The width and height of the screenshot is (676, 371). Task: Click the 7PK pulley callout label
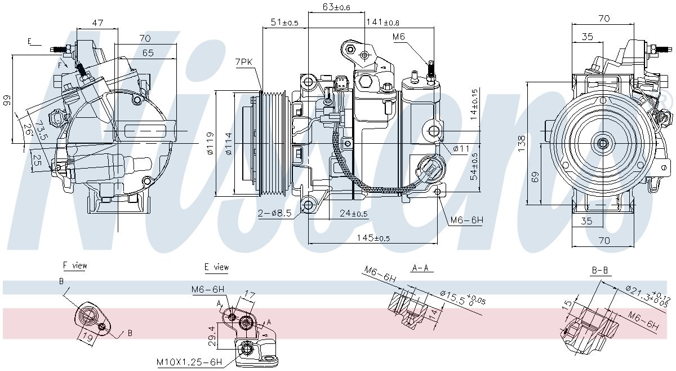(x=243, y=62)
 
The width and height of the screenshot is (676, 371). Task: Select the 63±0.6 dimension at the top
(x=336, y=7)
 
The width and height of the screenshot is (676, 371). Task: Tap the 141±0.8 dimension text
(x=383, y=22)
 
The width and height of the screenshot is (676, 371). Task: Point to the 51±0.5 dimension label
(x=284, y=22)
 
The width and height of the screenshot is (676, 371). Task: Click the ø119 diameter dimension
(x=210, y=144)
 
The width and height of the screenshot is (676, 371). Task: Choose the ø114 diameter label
(x=229, y=144)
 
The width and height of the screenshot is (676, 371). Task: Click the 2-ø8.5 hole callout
(x=274, y=214)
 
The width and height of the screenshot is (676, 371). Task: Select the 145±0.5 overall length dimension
(x=373, y=238)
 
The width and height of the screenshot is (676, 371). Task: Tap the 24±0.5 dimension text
(x=354, y=214)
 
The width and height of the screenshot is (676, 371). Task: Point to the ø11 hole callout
(x=461, y=148)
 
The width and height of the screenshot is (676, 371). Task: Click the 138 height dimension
(x=521, y=144)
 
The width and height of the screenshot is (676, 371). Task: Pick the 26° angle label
(x=28, y=130)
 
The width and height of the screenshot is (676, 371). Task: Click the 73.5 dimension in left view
(x=41, y=130)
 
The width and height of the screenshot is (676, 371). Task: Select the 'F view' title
(x=75, y=266)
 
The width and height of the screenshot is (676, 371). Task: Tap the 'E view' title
(x=216, y=267)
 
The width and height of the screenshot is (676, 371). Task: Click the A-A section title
(x=420, y=268)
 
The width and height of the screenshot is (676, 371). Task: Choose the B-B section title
(x=599, y=270)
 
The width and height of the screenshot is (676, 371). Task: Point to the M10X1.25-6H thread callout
(x=189, y=361)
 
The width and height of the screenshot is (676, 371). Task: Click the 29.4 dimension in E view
(x=212, y=336)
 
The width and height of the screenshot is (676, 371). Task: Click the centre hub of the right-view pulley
(x=603, y=144)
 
